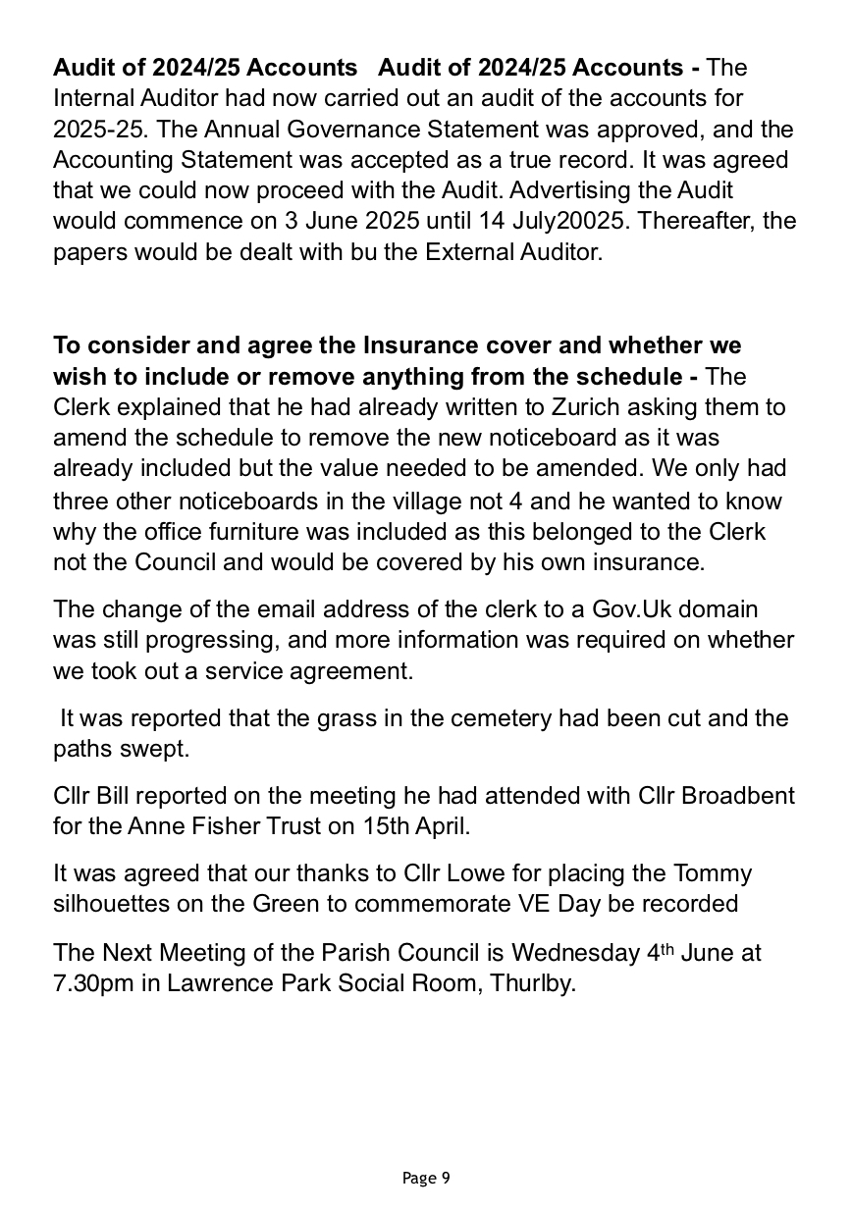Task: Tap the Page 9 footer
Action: tap(426, 1178)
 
